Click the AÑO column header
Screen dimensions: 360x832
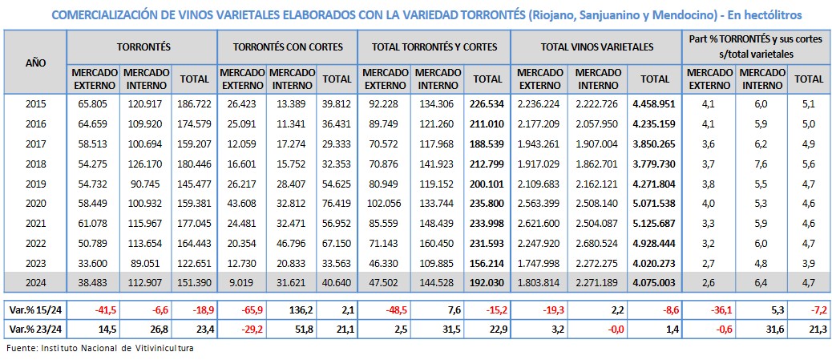pos(34,63)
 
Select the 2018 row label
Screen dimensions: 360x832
pos(35,162)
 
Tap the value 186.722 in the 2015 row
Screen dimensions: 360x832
pos(194,103)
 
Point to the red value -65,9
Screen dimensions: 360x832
pos(241,309)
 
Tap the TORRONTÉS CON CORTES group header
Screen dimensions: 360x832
pos(288,47)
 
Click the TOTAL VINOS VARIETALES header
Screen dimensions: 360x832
pos(596,47)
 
